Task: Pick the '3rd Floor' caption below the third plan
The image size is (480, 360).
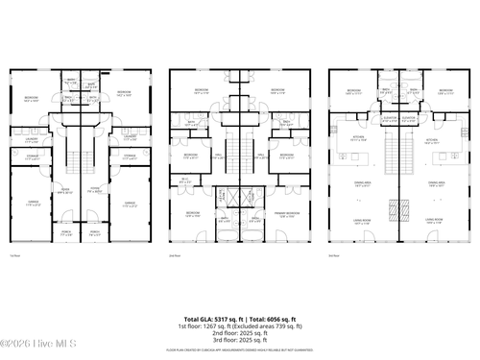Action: point(333,255)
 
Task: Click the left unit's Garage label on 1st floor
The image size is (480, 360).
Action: point(33,203)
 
